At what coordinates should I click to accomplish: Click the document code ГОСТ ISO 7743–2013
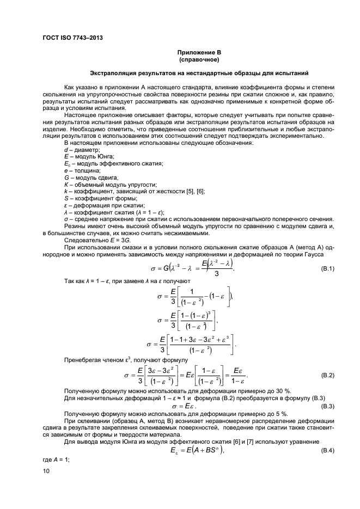[x=72, y=38]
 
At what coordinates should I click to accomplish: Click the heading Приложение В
[x=199, y=52]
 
